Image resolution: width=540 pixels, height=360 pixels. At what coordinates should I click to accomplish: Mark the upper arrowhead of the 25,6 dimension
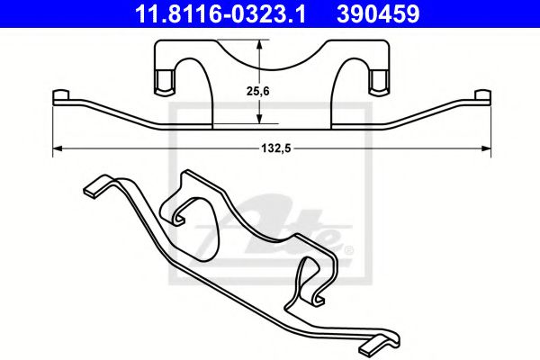[259, 48]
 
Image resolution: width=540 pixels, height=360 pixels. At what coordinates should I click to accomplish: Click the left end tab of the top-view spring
[62, 96]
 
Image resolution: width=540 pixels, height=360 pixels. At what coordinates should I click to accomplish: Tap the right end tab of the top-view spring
[481, 96]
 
